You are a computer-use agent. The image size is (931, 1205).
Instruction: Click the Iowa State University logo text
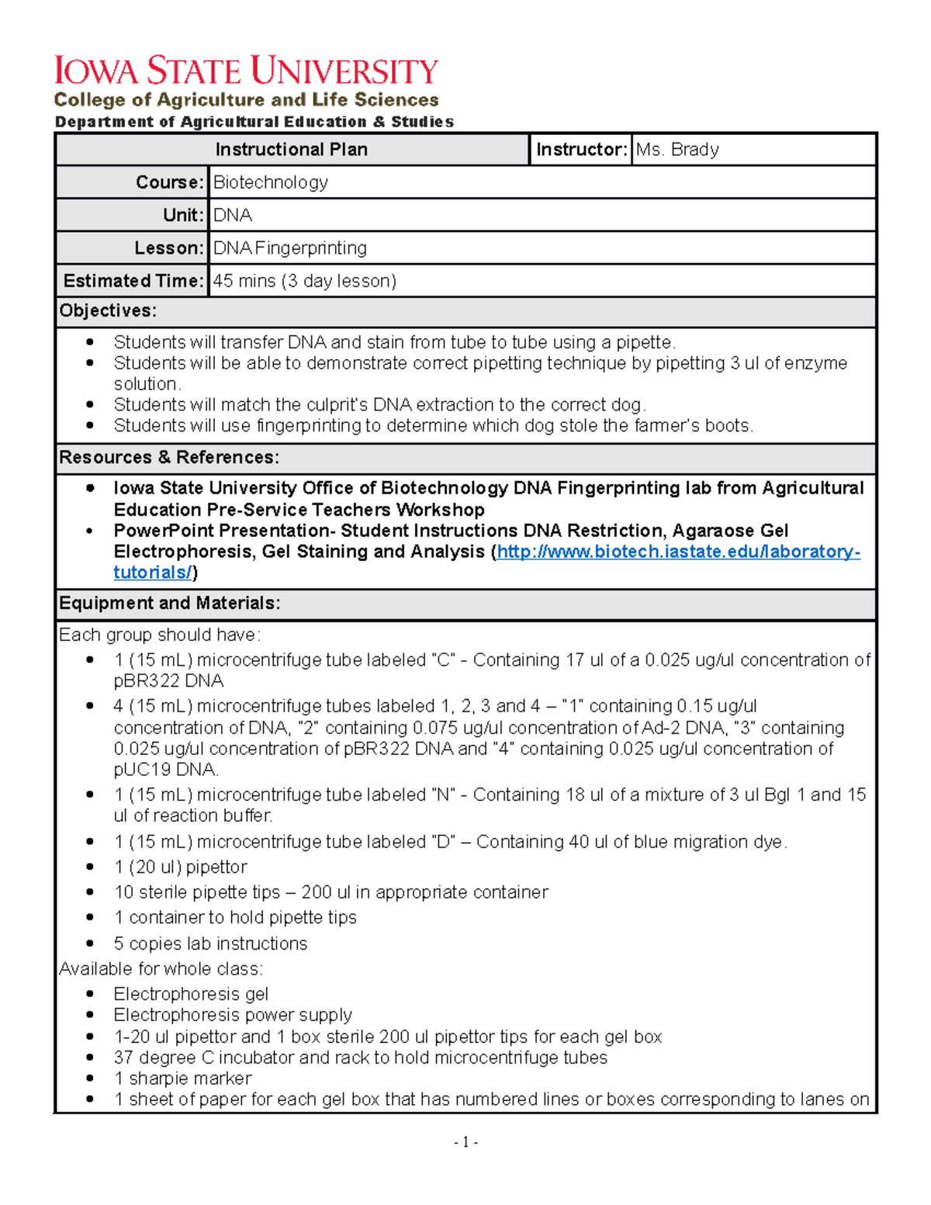(x=246, y=71)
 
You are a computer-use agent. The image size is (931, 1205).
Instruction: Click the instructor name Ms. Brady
(x=677, y=150)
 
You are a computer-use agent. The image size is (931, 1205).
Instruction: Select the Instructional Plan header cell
(x=291, y=150)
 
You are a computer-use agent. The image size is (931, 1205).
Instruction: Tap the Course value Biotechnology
(x=271, y=182)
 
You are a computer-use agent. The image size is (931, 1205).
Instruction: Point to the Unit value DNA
(x=233, y=215)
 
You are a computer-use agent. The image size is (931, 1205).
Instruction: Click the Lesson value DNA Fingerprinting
(x=290, y=248)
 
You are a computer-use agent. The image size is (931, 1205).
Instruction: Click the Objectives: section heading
(x=108, y=311)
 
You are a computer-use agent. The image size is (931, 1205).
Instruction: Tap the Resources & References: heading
(x=169, y=458)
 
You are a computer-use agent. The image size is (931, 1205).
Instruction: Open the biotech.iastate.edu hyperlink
(x=677, y=552)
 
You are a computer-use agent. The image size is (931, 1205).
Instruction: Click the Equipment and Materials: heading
(x=170, y=604)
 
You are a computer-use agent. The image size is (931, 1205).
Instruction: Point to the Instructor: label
(x=581, y=150)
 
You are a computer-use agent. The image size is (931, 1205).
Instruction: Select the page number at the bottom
(x=465, y=1141)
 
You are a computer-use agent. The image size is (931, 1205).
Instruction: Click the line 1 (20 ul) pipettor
(x=180, y=867)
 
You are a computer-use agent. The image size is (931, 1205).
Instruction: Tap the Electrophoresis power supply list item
(x=233, y=1015)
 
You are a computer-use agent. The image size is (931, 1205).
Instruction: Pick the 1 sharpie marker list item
(x=182, y=1079)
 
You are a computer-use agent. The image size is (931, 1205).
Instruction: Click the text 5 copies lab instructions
(x=210, y=944)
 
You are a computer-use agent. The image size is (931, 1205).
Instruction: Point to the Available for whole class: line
(x=161, y=969)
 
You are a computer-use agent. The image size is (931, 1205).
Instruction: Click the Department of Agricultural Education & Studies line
(x=254, y=122)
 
